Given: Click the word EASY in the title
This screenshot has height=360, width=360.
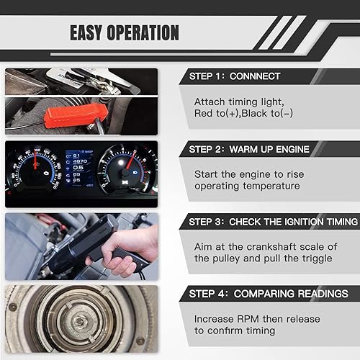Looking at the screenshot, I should pos(90,32).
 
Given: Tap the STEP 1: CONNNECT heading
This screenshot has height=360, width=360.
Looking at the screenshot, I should pos(235,76).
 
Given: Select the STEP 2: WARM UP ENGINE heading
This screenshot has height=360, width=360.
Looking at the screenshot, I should pos(249,149).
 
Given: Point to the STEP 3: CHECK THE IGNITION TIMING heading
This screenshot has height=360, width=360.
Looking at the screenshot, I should pos(273,221).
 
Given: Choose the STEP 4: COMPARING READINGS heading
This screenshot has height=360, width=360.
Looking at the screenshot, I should pos(268,294).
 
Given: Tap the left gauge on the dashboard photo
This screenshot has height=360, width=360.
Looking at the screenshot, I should pos(35,172).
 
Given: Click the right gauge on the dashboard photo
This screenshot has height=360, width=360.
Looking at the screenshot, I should pos(127,172).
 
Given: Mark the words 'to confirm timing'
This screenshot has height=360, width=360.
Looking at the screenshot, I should pos(235,331).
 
